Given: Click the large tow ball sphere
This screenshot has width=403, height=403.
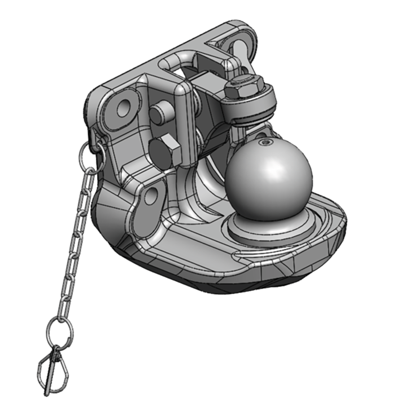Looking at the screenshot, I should pyautogui.click(x=268, y=179).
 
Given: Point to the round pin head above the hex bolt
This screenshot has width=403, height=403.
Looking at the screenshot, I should pyautogui.click(x=161, y=114).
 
